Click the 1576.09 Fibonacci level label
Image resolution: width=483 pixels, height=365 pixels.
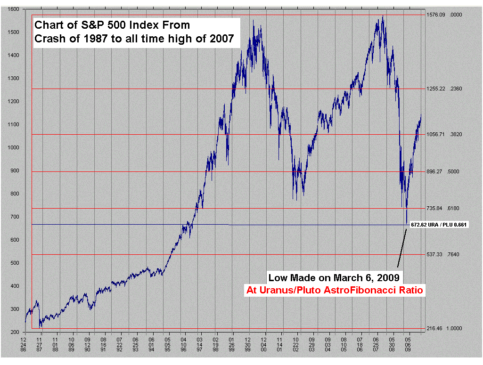pyautogui.click(x=436, y=15)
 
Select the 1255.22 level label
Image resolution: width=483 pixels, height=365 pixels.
pyautogui.click(x=436, y=89)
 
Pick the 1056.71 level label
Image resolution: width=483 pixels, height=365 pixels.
pyautogui.click(x=436, y=134)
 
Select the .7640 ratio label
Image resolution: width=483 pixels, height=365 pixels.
pyautogui.click(x=456, y=254)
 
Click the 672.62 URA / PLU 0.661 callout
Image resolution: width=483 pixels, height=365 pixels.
pyautogui.click(x=438, y=225)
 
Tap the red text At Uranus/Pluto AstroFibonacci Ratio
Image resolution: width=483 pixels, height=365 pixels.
pyautogui.click(x=335, y=290)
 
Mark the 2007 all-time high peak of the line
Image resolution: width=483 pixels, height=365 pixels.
pyautogui.click(x=383, y=16)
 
